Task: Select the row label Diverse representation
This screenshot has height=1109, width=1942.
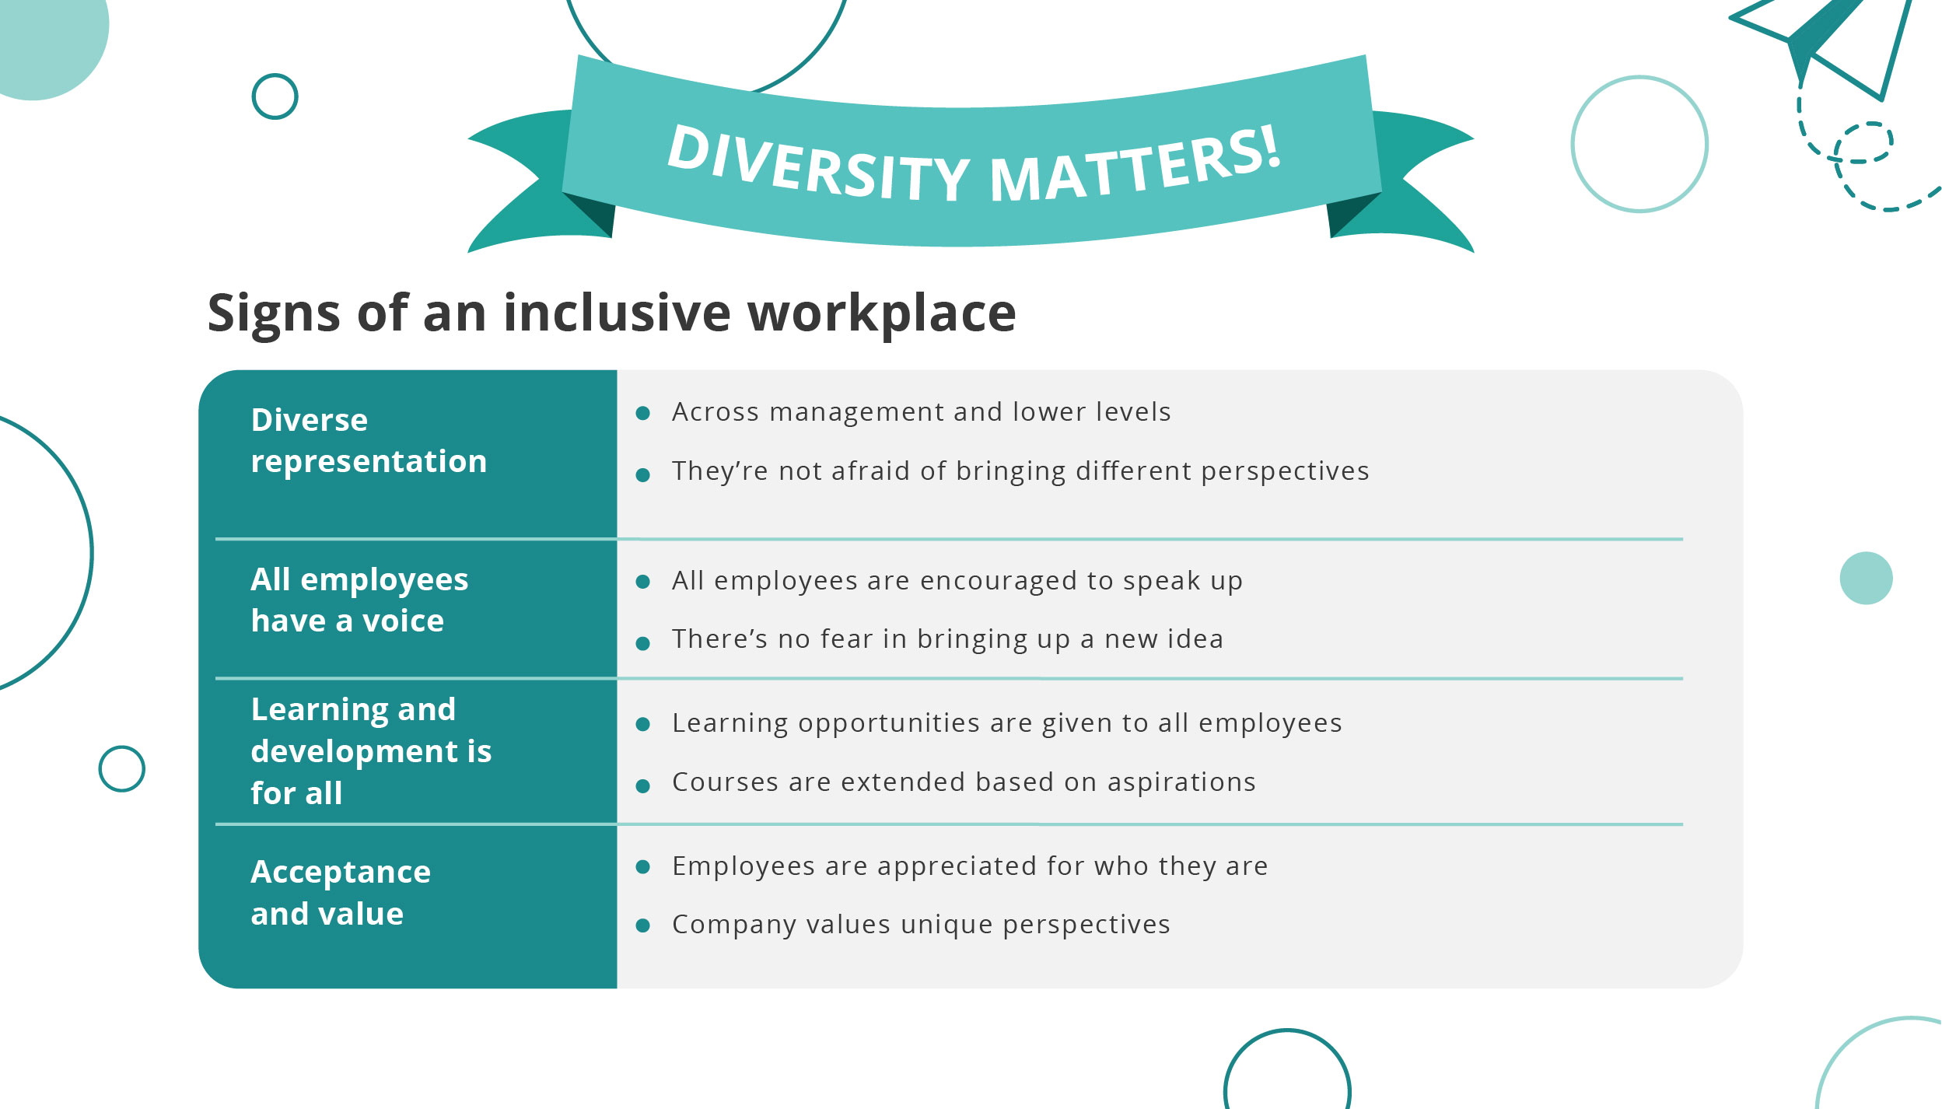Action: click(x=369, y=440)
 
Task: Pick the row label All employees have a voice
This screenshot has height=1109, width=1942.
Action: click(x=359, y=600)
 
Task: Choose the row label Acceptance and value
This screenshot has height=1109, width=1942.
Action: click(x=341, y=893)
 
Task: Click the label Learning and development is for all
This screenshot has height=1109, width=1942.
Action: click(x=371, y=751)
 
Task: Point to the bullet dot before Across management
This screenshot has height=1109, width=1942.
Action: click(x=642, y=413)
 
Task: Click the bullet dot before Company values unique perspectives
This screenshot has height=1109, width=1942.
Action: click(x=642, y=925)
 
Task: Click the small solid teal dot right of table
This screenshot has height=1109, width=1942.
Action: click(x=1866, y=578)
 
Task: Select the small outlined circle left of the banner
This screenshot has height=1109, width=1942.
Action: click(x=275, y=96)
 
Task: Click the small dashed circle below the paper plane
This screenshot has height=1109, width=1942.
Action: click(x=1863, y=142)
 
